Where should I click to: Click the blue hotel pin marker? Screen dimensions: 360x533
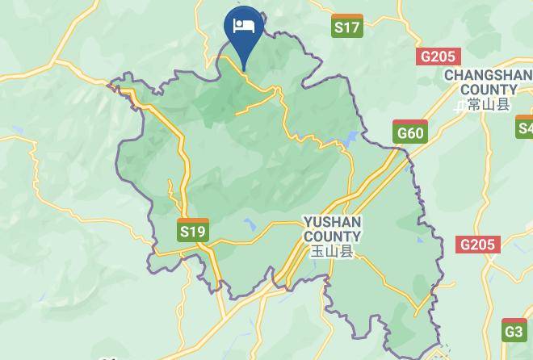click(x=243, y=32)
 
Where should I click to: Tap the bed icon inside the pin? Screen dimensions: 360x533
click(x=243, y=26)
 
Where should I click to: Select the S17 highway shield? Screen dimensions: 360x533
click(x=346, y=26)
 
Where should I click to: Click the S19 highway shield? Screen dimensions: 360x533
click(x=192, y=231)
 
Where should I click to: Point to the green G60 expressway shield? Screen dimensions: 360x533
click(x=409, y=132)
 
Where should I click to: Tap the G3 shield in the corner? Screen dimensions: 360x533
click(x=514, y=331)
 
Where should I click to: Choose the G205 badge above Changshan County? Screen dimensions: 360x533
click(x=438, y=57)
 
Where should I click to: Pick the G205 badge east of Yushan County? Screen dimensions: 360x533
click(x=477, y=245)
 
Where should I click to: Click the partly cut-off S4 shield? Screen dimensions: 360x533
click(x=525, y=128)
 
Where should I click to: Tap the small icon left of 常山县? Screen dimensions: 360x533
click(x=460, y=105)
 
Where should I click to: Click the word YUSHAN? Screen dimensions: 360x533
click(x=332, y=221)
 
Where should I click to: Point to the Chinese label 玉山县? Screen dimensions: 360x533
click(x=332, y=251)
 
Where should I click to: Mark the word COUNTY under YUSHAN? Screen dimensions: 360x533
click(x=332, y=236)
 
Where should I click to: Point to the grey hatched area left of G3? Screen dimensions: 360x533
click(x=442, y=352)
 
